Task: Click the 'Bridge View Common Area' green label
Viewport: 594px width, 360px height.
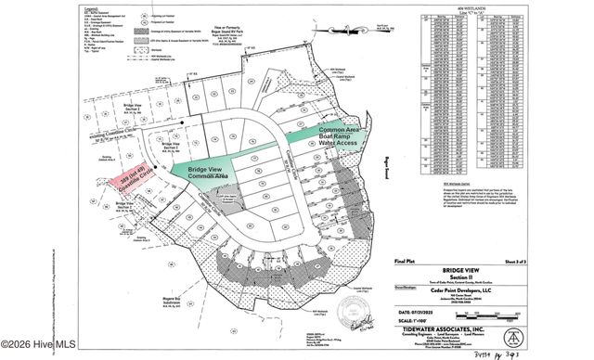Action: pyautogui.click(x=209, y=174)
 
